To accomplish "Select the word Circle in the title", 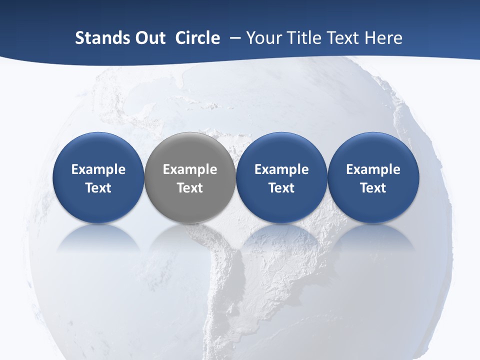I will (197, 38).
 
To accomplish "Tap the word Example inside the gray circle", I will (190, 169).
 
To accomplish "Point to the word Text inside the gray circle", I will (190, 188).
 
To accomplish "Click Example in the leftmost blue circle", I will (98, 169).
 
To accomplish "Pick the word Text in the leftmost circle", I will (98, 188).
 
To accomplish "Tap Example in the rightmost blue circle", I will (373, 169).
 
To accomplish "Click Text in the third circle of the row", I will (281, 188).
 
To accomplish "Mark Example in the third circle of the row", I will (281, 169).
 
